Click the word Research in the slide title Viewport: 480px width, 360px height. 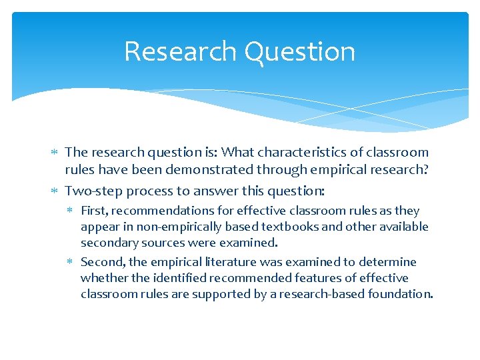click(x=180, y=52)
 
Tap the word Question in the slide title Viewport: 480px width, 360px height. click(x=299, y=52)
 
